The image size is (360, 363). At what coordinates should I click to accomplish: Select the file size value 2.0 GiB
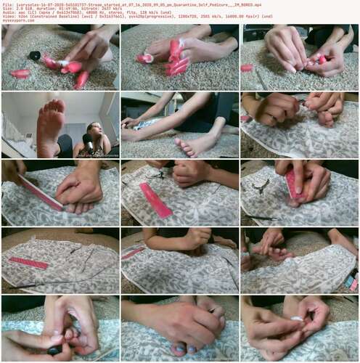click(x=19, y=8)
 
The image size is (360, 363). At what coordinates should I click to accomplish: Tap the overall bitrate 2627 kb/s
click(x=102, y=8)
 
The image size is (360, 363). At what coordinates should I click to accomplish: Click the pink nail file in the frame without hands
click(x=28, y=262)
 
